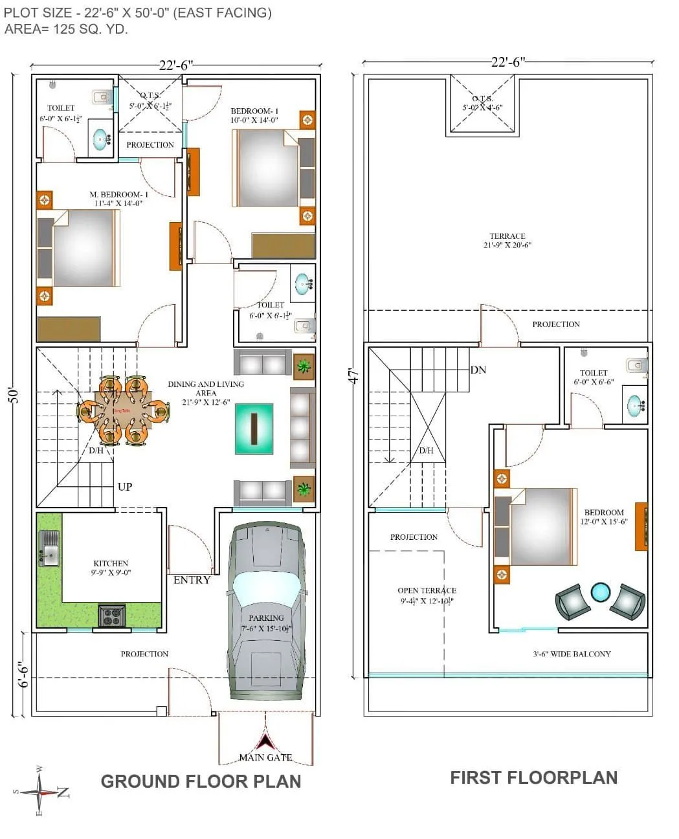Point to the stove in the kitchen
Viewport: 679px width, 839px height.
111,615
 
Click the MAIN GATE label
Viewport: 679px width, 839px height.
265,757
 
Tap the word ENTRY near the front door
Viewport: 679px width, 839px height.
192,580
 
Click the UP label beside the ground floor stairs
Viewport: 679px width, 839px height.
125,486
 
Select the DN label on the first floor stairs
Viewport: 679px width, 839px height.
478,370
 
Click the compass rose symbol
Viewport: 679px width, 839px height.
41,792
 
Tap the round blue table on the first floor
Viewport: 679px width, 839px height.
601,592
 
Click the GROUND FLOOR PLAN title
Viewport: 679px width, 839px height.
201,781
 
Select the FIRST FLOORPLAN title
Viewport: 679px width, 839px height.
533,777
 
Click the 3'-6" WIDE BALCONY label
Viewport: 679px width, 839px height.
572,654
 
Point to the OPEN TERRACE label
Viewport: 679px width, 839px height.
427,590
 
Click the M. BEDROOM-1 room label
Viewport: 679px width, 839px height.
118,194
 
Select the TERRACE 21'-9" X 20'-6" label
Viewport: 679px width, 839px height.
507,240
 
